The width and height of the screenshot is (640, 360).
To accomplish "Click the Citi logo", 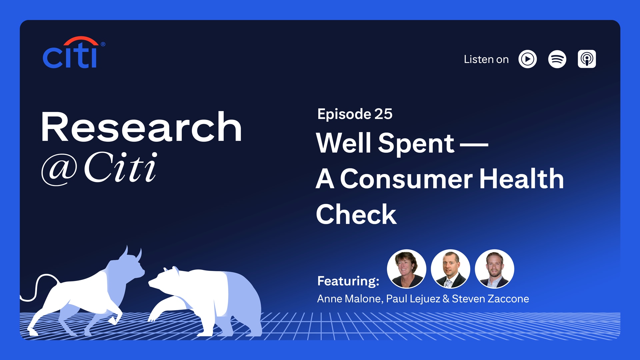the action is point(74,52).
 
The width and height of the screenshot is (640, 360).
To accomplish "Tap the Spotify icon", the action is point(557,59).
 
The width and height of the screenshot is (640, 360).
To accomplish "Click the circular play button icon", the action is point(527,59).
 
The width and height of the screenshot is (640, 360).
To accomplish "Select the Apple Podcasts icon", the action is point(587,59).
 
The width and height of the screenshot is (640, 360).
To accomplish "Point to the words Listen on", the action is point(486,59).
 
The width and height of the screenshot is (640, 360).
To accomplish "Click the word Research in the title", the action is point(141,127).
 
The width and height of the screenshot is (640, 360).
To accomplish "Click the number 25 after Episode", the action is point(383,114).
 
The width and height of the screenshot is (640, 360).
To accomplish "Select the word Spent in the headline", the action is point(416,144).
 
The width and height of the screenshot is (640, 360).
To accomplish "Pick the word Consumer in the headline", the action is point(406,179).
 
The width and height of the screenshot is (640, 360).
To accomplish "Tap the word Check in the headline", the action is point(356,214).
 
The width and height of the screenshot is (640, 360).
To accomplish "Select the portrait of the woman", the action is point(406,269).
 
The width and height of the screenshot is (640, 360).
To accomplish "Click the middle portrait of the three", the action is point(450,269).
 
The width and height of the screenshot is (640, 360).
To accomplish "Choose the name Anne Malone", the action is point(349,299).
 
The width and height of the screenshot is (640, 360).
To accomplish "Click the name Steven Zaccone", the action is point(490,299).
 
